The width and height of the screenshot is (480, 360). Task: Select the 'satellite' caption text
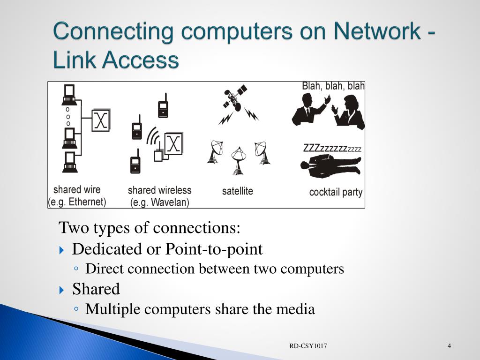click(x=237, y=191)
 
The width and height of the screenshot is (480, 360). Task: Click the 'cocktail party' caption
click(x=336, y=192)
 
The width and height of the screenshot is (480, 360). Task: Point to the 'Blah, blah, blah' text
click(x=333, y=86)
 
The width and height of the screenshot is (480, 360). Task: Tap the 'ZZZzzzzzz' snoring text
click(x=332, y=149)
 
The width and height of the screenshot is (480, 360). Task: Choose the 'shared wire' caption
click(x=77, y=190)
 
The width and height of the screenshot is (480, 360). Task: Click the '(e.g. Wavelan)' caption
click(x=159, y=202)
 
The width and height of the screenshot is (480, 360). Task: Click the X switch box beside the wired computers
click(x=101, y=120)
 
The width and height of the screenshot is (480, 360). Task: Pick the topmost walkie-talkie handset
click(x=163, y=106)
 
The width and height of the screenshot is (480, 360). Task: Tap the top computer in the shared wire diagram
click(x=69, y=95)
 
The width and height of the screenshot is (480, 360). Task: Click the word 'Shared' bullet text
click(x=96, y=289)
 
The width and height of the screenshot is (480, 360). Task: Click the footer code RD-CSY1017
click(x=308, y=346)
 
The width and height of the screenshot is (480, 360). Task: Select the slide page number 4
click(x=449, y=346)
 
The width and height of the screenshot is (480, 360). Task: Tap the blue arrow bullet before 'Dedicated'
click(x=63, y=250)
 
